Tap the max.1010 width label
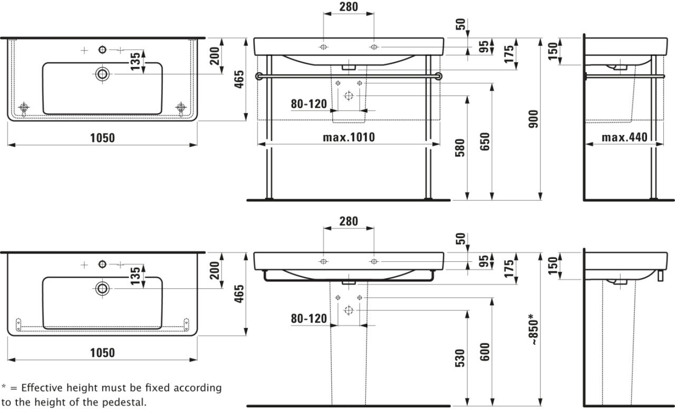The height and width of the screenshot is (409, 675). click(349, 138)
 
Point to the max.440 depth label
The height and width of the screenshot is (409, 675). click(625, 138)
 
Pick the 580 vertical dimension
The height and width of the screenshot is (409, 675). click(460, 150)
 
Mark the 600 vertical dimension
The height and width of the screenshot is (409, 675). click(485, 353)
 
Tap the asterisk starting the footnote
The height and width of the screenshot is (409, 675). click(4, 387)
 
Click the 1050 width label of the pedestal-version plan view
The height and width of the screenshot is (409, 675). click(103, 353)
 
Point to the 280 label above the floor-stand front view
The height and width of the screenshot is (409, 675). click(348, 7)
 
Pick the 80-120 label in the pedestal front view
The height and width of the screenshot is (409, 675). click(309, 318)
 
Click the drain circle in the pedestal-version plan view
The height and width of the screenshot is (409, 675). click(102, 287)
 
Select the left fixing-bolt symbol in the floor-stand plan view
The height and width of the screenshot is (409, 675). click(24, 108)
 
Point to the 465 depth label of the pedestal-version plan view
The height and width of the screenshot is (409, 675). click(239, 294)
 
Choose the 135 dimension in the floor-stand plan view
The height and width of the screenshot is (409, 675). click(136, 62)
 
